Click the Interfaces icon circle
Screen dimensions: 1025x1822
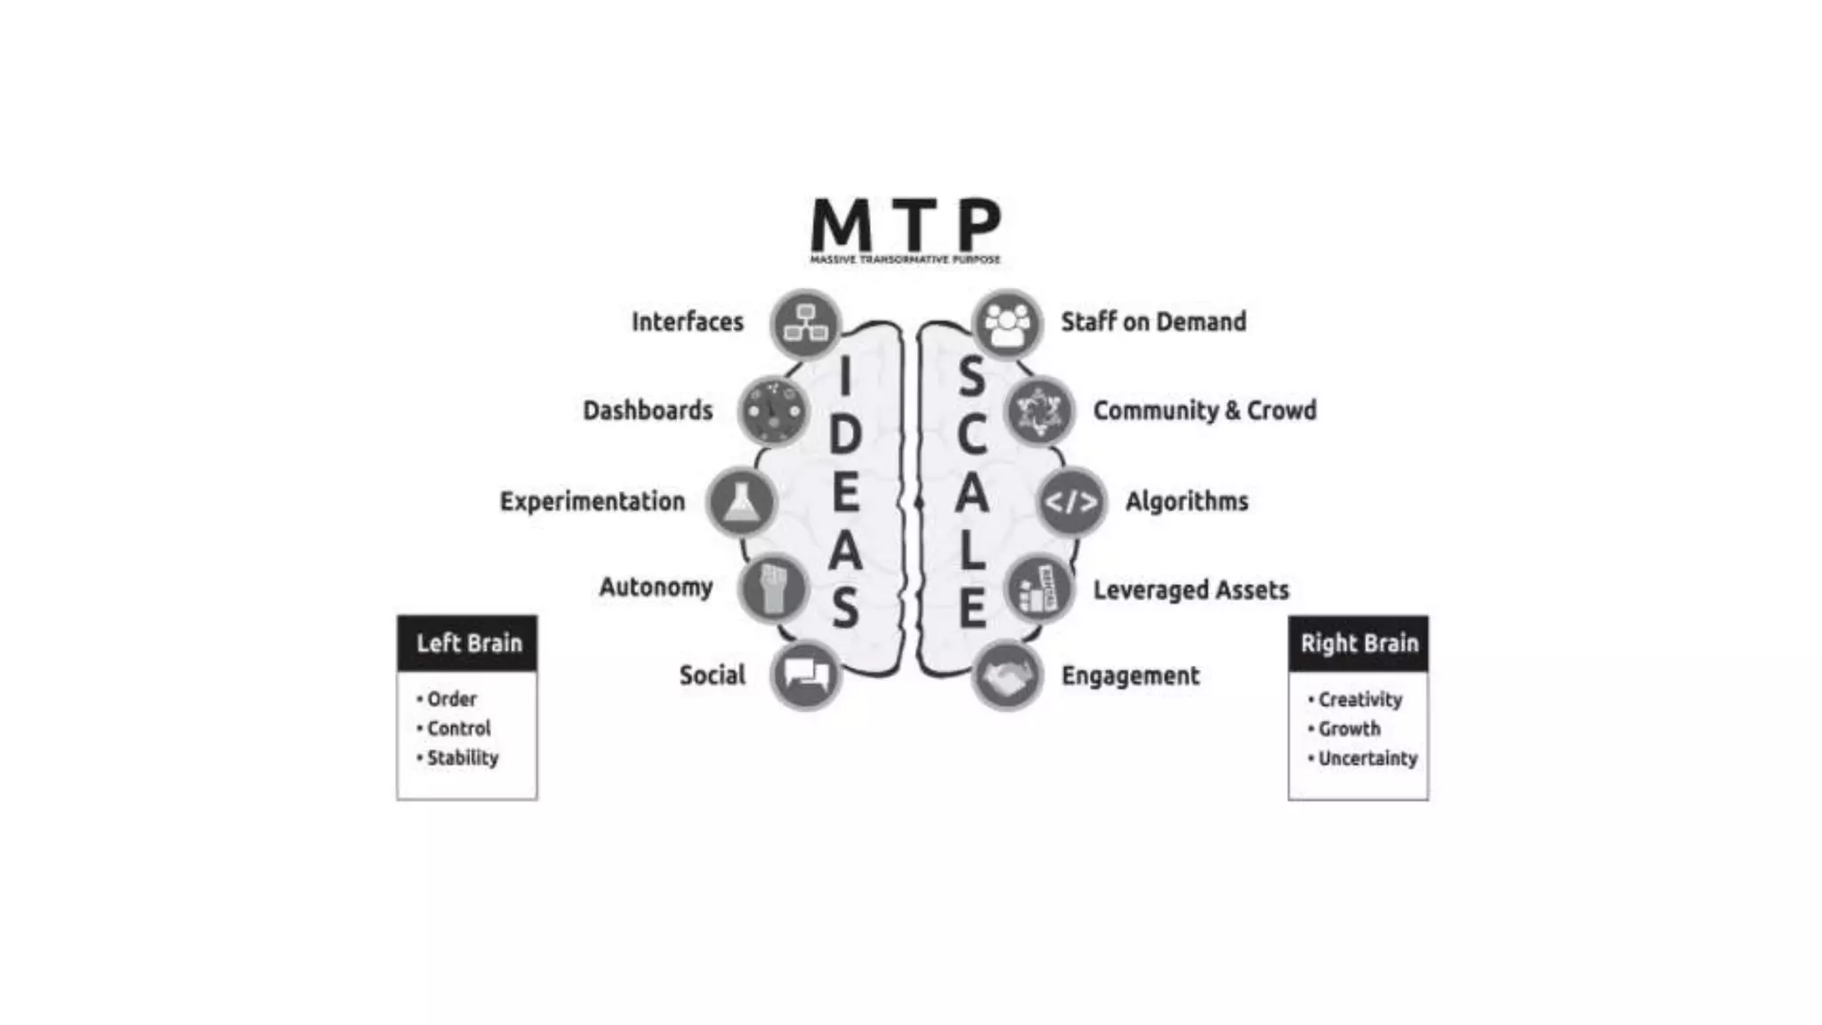coord(806,324)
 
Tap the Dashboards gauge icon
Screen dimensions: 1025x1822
coord(774,411)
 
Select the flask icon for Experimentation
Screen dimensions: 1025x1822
coord(741,502)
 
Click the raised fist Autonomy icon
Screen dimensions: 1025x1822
coord(773,588)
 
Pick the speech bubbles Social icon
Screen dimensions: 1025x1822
coord(806,675)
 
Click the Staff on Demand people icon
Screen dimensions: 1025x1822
coord(1007,324)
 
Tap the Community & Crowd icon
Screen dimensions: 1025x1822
coord(1039,411)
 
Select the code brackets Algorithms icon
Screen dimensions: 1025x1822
coord(1071,502)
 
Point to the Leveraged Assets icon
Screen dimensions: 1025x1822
coord(1039,589)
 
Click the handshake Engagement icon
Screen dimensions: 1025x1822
coord(1007,675)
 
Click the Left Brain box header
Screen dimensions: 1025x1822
coord(468,642)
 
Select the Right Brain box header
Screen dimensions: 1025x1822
coord(1358,642)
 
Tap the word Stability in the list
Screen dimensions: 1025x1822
coord(463,758)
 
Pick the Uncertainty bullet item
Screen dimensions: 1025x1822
coord(1367,759)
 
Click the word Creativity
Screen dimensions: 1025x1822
coord(1360,700)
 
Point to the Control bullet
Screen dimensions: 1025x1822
coord(458,729)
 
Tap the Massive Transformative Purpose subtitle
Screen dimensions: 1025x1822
coord(905,260)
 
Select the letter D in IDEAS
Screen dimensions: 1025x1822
coord(845,436)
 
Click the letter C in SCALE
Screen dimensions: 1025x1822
coord(971,436)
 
